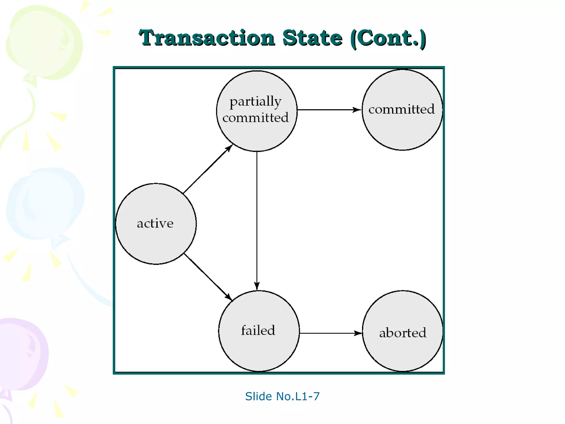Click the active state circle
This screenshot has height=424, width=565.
pos(156,224)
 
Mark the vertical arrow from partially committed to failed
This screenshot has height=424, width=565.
pos(257,221)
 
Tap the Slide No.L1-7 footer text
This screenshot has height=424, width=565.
pos(282,396)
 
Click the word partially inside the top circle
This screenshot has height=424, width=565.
pos(255,102)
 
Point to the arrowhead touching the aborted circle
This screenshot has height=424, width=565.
pos(358,333)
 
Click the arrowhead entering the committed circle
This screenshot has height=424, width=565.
pos(357,110)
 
